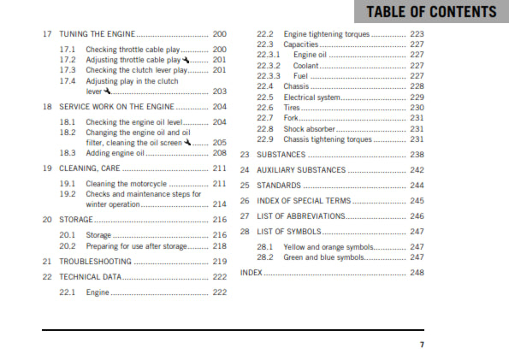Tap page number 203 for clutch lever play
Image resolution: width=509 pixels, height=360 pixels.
(x=219, y=91)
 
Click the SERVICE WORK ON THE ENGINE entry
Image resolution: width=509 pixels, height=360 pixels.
(x=115, y=108)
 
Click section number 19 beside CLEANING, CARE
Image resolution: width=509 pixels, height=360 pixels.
(x=47, y=168)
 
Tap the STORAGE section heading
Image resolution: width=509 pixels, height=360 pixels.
(x=76, y=220)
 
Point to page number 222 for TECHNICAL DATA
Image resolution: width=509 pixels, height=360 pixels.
(x=219, y=277)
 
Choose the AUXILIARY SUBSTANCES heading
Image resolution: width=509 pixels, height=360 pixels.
(x=302, y=170)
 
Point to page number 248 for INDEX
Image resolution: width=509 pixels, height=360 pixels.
(x=417, y=273)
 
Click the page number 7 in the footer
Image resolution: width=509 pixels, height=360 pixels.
(x=421, y=345)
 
